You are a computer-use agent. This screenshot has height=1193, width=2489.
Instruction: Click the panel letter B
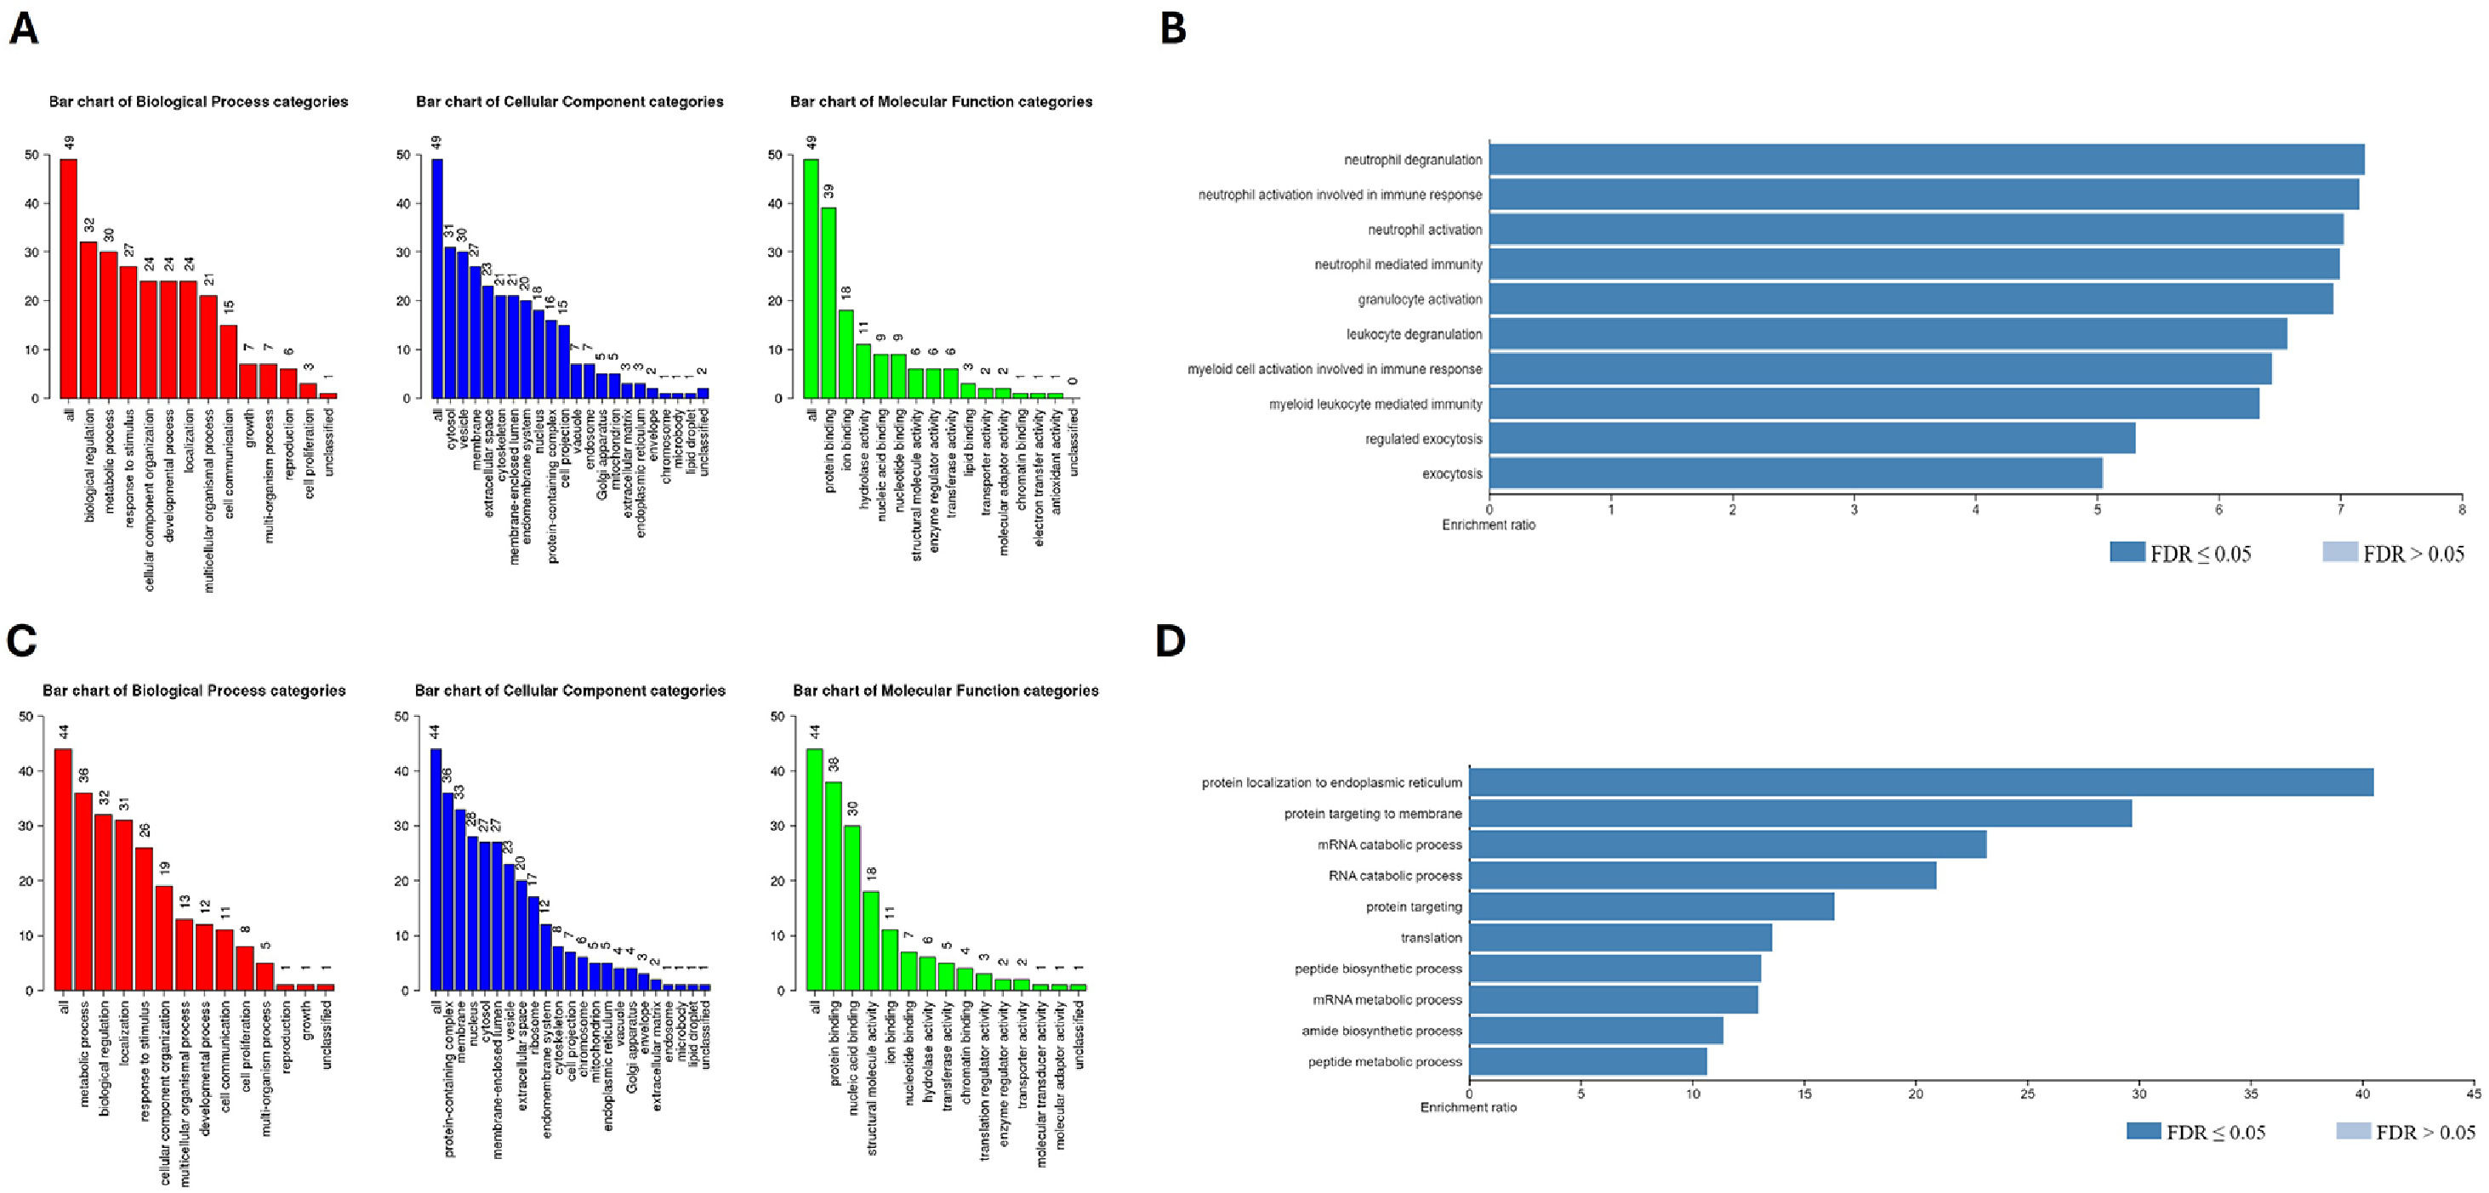point(1173,28)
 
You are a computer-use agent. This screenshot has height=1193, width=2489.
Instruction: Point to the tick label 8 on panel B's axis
point(2461,509)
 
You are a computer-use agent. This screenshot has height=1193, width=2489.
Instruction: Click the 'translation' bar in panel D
point(1620,938)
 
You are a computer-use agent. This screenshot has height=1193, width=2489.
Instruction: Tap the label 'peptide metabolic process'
point(1385,1061)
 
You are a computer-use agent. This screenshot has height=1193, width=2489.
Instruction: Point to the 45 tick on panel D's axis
point(2473,1094)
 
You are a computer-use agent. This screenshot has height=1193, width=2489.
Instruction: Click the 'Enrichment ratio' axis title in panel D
point(1467,1107)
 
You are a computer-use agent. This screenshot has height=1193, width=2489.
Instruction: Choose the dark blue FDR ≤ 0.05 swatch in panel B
point(2127,552)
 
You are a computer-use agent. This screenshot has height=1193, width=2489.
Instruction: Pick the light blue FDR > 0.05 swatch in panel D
point(2353,1131)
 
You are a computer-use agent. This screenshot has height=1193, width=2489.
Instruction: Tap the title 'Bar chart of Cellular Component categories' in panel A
point(569,101)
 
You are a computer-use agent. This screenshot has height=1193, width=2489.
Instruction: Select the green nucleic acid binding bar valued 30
point(852,907)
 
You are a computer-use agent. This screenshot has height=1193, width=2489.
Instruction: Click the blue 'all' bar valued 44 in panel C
point(436,868)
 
